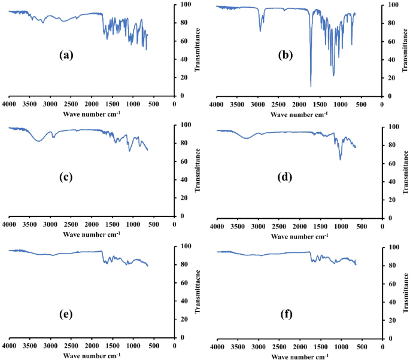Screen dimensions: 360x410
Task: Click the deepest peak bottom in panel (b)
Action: click(311, 86)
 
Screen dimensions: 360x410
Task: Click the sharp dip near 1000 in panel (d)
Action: click(341, 159)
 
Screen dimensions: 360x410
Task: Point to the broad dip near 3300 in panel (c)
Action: click(39, 141)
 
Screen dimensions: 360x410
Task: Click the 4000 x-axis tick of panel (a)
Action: click(8, 103)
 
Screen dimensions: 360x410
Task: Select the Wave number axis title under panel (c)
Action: click(90, 233)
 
